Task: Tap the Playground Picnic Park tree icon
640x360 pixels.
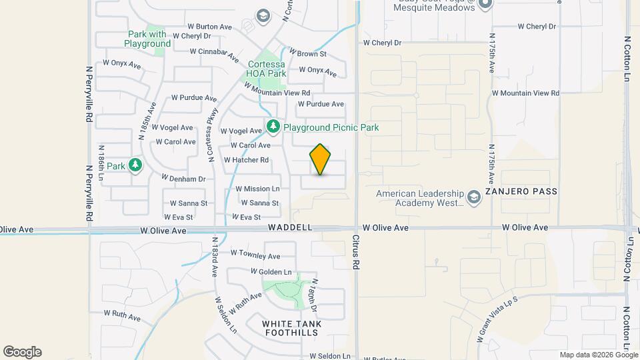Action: click(273, 126)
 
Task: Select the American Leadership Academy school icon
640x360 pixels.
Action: click(473, 197)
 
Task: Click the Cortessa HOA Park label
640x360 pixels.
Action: click(267, 69)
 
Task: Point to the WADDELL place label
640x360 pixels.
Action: click(290, 227)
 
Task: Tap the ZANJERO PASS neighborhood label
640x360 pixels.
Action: click(521, 191)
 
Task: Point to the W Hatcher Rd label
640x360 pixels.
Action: click(246, 160)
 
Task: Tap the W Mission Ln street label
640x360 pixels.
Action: click(257, 189)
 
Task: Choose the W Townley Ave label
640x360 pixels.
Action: click(255, 255)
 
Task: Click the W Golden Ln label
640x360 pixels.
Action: click(271, 272)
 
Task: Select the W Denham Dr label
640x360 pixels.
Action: click(183, 179)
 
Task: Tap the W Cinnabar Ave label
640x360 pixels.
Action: click(215, 54)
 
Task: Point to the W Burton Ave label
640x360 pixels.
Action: click(209, 27)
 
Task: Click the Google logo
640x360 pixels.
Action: click(22, 352)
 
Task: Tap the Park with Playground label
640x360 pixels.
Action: click(147, 39)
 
